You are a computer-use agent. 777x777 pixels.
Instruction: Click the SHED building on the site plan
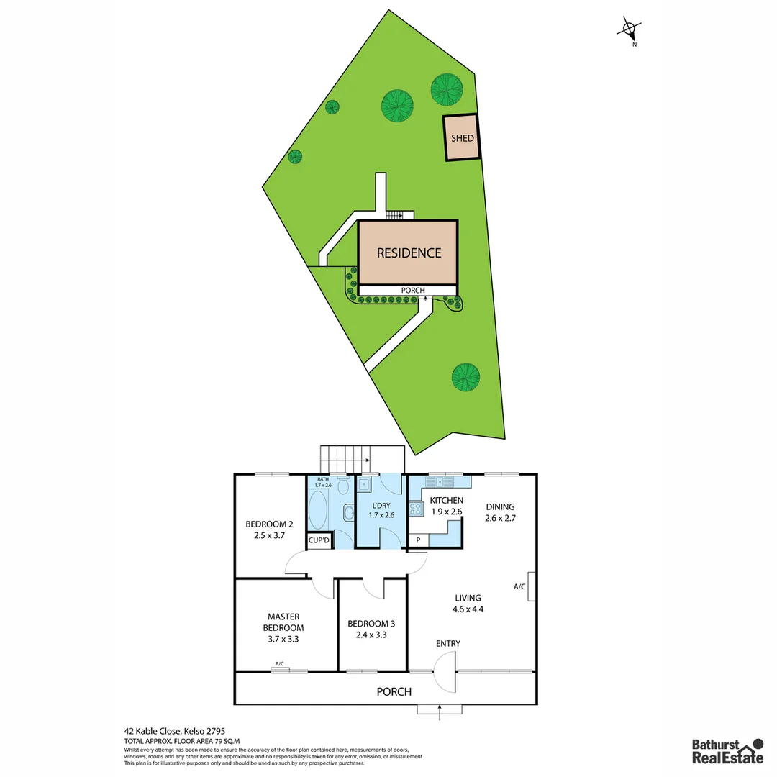(x=462, y=137)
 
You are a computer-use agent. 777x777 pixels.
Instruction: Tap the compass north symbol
(x=630, y=30)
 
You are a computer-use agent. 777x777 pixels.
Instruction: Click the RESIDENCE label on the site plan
(x=409, y=253)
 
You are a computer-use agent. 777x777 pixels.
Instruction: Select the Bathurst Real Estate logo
(x=727, y=751)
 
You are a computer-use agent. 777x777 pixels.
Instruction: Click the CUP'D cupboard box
(x=319, y=540)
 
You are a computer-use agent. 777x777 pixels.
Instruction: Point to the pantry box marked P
(x=418, y=540)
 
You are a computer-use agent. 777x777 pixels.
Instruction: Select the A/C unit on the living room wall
(x=531, y=587)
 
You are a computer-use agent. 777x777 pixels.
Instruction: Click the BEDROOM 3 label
(x=371, y=624)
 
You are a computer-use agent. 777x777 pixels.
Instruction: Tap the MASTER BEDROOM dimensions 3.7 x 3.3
(x=283, y=638)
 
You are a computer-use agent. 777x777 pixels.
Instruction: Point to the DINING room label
(x=500, y=505)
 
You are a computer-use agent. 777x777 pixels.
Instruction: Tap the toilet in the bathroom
(x=343, y=489)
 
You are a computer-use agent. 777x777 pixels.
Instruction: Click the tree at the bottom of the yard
(x=465, y=376)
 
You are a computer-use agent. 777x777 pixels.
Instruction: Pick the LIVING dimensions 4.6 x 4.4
(x=468, y=609)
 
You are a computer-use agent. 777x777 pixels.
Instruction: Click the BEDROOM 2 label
(x=270, y=524)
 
